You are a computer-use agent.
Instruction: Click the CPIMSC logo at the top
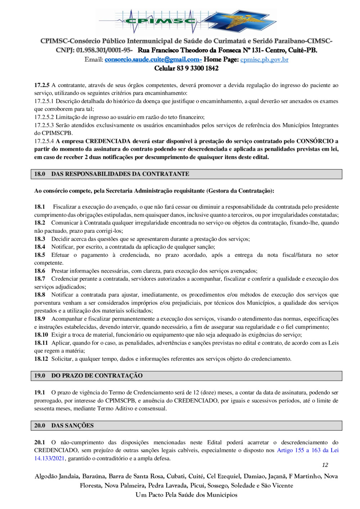186,22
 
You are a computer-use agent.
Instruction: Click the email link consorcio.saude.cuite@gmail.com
153,59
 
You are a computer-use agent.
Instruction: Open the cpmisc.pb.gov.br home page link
264,59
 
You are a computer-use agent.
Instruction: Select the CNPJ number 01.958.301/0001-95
104,50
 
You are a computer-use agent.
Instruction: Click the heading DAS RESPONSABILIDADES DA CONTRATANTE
120,174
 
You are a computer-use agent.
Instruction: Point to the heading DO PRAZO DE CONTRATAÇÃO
97,376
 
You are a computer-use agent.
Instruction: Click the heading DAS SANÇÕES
72,426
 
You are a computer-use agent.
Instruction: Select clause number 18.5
40,255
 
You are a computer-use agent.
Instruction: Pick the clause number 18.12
41,359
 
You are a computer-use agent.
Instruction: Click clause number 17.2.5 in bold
42,85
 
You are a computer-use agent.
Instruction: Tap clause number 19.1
40,392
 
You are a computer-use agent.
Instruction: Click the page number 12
325,465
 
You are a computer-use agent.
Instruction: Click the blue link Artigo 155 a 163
298,450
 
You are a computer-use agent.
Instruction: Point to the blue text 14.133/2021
49,458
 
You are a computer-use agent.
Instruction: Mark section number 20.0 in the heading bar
40,426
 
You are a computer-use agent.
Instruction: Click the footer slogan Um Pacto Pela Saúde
186,495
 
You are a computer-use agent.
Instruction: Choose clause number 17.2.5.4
44,141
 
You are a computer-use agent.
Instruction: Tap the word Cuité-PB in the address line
302,50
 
